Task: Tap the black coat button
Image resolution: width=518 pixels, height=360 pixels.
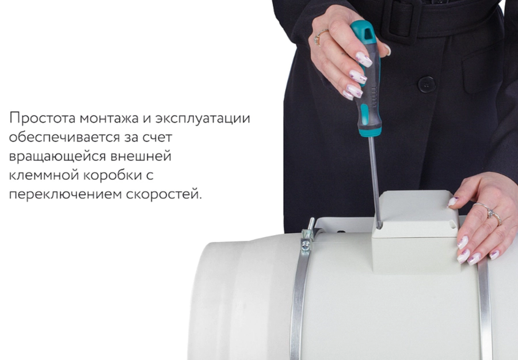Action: coord(426,84)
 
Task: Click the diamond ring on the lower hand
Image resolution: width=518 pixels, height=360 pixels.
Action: coord(493,214)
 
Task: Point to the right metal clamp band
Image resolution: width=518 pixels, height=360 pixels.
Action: coord(485,311)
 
